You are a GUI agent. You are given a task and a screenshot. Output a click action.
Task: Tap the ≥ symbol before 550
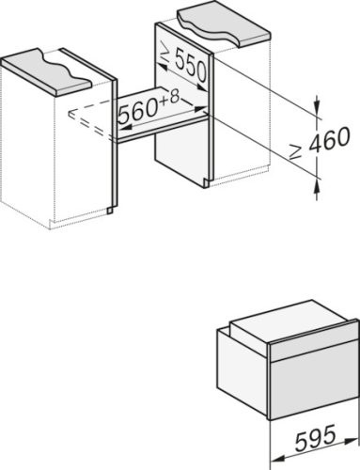pos(163,57)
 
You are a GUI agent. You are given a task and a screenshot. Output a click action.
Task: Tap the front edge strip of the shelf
pos(160,134)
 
